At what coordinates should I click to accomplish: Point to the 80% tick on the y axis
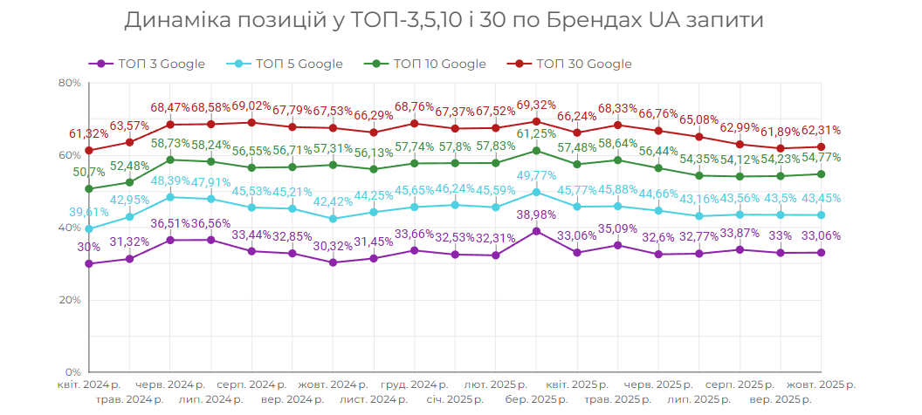point(69,83)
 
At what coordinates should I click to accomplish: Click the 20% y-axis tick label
point(69,300)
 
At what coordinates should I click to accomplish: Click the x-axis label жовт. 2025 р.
point(822,384)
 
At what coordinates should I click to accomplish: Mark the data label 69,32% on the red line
point(536,105)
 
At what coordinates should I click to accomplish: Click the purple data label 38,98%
point(536,214)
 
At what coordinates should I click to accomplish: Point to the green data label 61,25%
point(536,133)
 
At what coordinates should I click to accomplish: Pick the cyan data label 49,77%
point(536,175)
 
